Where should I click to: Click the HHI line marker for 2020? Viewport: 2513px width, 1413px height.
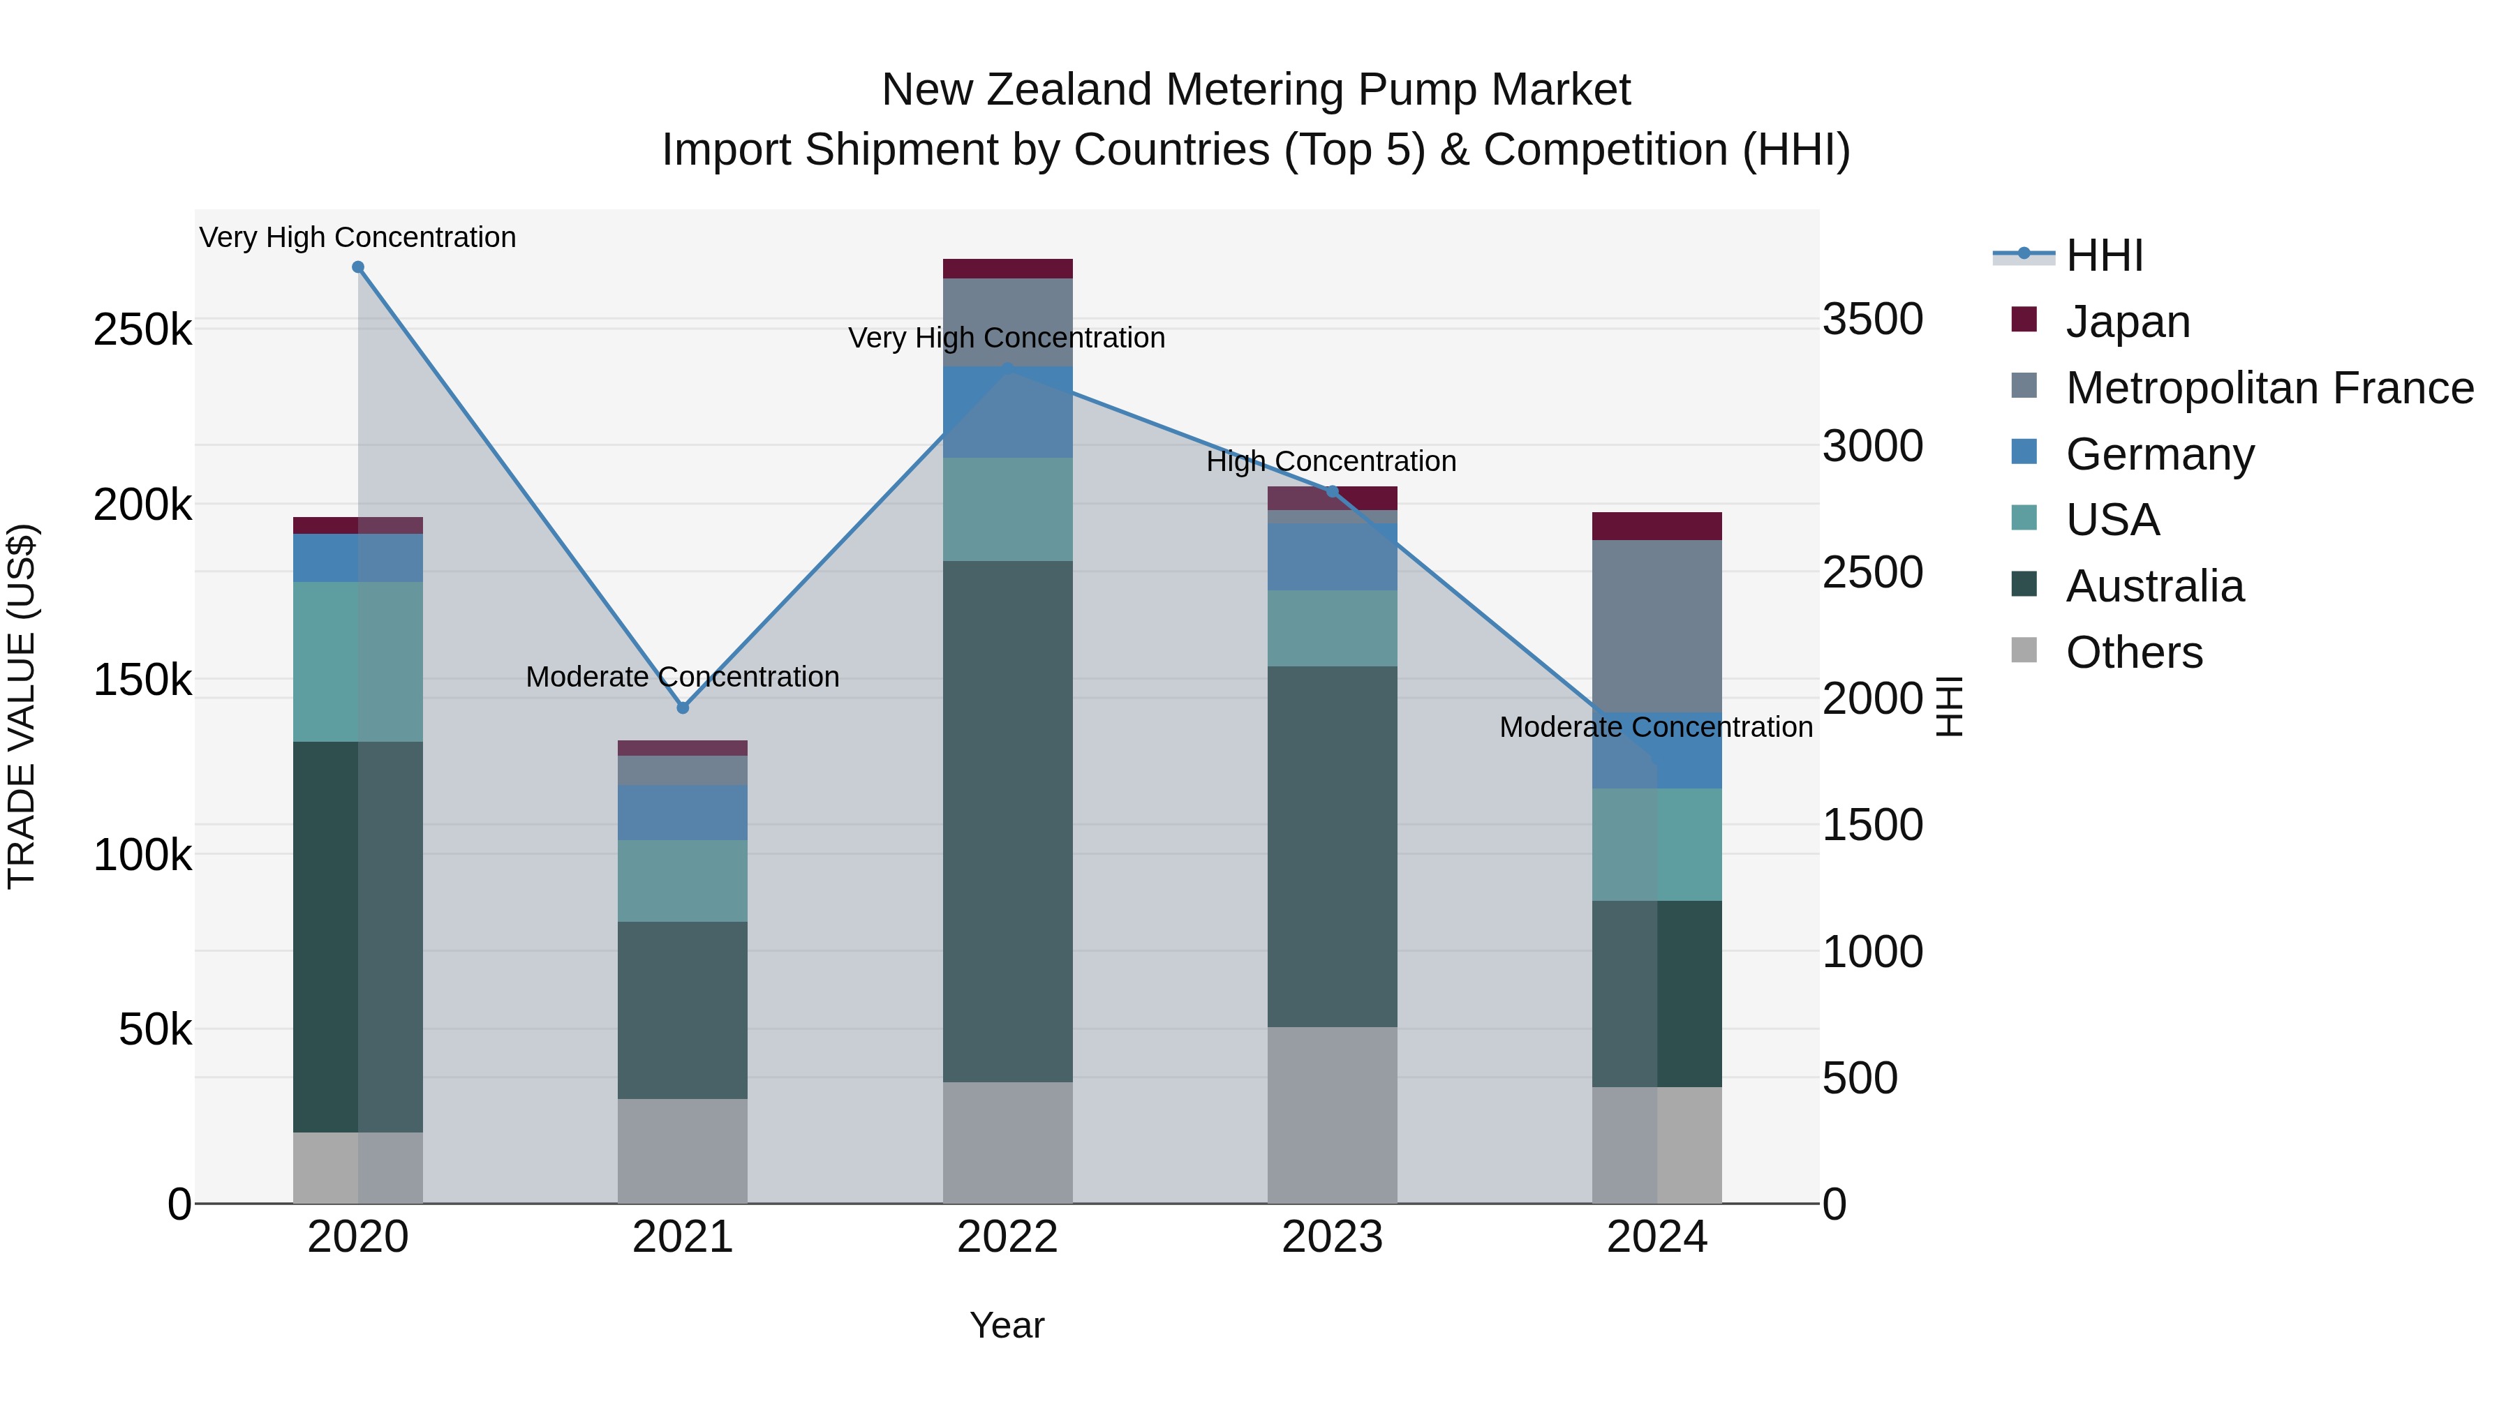(x=358, y=267)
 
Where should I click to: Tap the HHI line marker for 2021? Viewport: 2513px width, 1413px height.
(x=683, y=708)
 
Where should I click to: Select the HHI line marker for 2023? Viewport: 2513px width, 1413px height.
(x=1333, y=491)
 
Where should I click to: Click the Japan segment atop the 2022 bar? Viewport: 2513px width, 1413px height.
(x=1008, y=269)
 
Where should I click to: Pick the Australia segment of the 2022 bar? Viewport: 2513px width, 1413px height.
(x=1008, y=821)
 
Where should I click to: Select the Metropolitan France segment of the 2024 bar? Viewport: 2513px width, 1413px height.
(x=1656, y=626)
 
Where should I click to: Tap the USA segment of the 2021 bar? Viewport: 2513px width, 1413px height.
(x=683, y=881)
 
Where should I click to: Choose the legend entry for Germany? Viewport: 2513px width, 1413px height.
(x=2159, y=454)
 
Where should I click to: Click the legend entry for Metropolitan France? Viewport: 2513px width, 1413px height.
(x=2269, y=388)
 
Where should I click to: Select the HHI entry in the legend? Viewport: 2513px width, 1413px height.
(x=2104, y=255)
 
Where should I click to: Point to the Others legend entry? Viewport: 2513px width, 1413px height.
(x=2133, y=652)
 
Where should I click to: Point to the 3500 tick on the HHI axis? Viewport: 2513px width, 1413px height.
(x=1872, y=320)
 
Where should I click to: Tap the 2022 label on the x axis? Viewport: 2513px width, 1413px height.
(x=1008, y=1237)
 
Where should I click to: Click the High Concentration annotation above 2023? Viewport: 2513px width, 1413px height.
(x=1332, y=461)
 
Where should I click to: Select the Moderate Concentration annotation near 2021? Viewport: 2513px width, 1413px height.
(x=682, y=677)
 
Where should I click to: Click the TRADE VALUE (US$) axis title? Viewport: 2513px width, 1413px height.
(x=22, y=706)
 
